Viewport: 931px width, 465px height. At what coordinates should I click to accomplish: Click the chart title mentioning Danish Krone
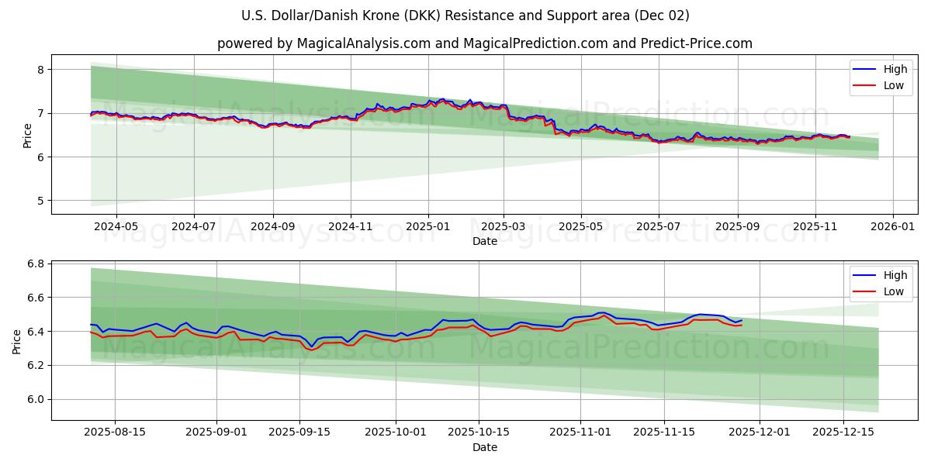465,15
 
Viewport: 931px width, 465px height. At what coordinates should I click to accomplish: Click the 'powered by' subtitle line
484,43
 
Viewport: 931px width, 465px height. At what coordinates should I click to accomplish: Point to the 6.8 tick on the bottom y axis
34,263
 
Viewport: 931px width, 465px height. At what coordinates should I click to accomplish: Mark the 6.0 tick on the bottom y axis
34,399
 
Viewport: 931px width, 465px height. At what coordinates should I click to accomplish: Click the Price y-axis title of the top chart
27,135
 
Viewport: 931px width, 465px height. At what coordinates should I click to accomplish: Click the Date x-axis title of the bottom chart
484,447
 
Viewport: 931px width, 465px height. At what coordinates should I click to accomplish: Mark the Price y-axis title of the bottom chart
17,341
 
